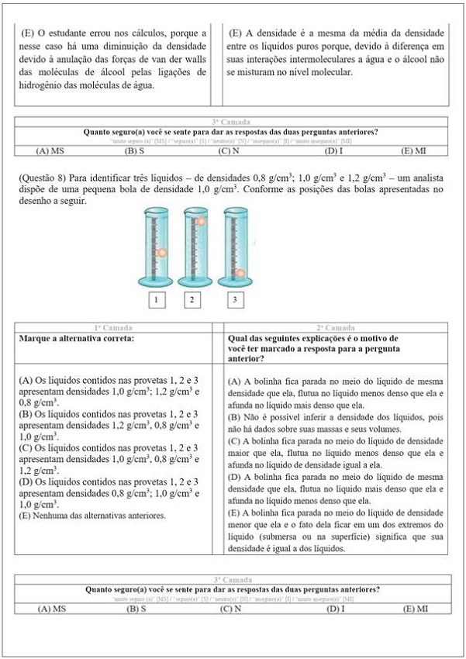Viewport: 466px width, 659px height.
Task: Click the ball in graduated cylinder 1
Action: pos(162,253)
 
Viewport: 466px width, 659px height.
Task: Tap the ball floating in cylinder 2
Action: pos(201,223)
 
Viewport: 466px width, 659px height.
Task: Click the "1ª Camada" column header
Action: pos(115,329)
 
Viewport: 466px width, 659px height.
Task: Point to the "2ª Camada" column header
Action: pos(336,329)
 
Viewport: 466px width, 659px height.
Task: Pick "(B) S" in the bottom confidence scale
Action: pos(136,609)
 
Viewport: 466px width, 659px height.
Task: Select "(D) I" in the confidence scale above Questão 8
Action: pos(335,150)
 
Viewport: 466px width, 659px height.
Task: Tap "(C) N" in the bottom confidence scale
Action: pos(230,609)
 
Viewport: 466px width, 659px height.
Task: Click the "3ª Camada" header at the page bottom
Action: pos(231,579)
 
